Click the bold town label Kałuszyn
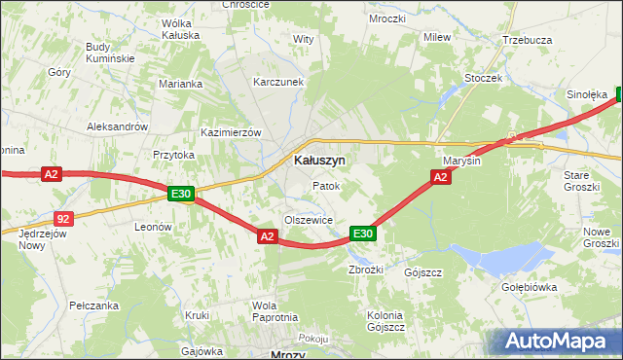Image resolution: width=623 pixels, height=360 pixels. (318, 160)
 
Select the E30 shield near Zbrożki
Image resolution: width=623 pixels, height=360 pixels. (363, 234)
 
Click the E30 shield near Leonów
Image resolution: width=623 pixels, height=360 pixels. (180, 194)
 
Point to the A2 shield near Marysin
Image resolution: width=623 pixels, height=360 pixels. (440, 176)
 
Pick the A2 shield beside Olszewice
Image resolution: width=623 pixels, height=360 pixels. (268, 235)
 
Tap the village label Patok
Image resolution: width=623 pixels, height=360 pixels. (325, 185)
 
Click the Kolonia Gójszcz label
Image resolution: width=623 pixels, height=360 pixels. (385, 320)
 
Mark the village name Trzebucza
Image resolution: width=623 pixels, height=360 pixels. (528, 40)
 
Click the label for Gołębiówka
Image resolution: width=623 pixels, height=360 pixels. (556, 287)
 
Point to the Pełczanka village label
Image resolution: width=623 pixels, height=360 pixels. (94, 306)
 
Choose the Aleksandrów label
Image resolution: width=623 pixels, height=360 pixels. (117, 126)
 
